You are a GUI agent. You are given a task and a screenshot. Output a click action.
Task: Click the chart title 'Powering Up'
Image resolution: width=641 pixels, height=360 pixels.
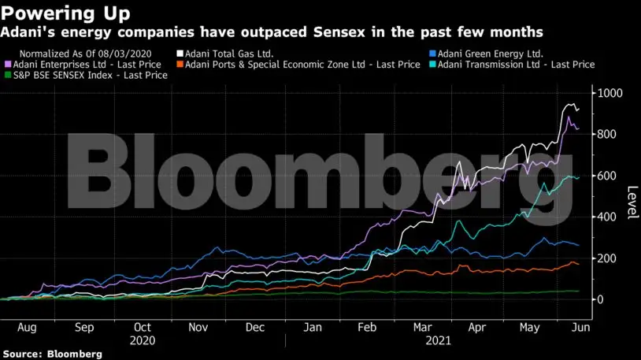(x=66, y=13)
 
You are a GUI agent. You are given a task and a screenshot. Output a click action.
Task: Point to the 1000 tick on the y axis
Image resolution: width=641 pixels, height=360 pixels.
(x=610, y=93)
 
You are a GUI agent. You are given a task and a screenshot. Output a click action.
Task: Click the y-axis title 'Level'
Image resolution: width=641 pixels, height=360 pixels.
(x=631, y=204)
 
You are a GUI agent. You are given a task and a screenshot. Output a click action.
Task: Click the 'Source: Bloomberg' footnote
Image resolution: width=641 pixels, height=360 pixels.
(x=52, y=354)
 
